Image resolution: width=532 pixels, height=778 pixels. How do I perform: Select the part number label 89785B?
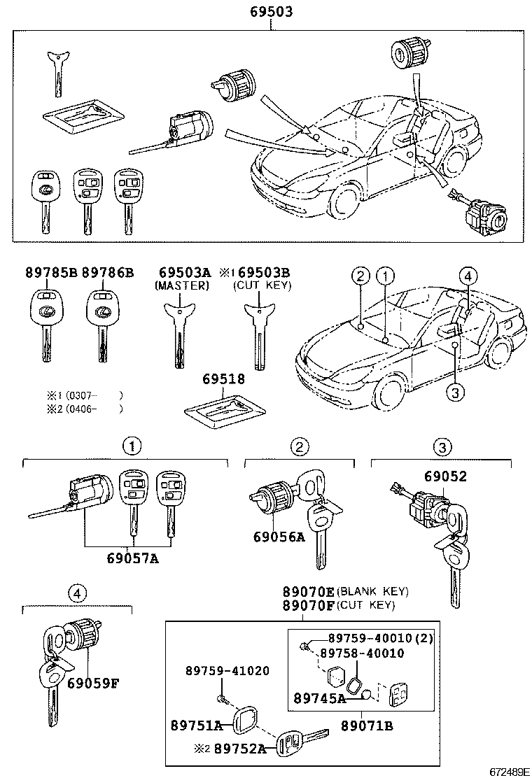43,272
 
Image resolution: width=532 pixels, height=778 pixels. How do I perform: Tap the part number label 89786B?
107,272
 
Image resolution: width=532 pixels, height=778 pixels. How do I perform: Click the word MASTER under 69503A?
182,286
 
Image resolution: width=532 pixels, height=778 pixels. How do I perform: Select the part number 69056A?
280,537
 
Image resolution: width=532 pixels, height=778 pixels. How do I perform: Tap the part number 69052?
444,476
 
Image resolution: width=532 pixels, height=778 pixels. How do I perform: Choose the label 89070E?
309,592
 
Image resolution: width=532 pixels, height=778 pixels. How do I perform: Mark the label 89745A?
320,698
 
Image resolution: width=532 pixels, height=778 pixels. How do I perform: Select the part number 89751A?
196,725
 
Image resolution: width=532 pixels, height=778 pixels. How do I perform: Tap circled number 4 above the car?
468,276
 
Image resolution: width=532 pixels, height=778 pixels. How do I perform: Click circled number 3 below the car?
454,393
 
